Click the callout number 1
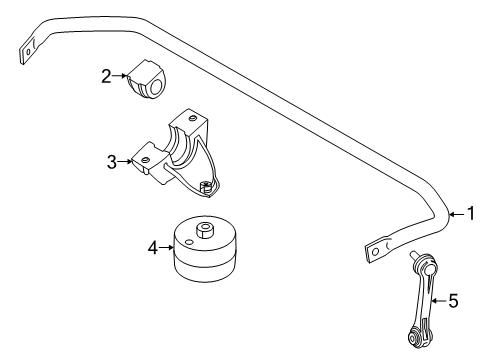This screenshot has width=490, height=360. (x=471, y=213)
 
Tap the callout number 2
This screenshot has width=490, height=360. (x=106, y=76)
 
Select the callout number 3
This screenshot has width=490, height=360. (x=112, y=162)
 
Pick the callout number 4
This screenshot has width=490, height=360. (x=153, y=248)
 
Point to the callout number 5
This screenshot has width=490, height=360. (x=454, y=301)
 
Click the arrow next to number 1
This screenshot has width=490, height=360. (x=458, y=214)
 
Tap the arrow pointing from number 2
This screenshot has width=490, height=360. (x=120, y=76)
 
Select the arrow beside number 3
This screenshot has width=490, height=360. (x=125, y=162)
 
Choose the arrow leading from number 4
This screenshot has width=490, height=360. (x=166, y=247)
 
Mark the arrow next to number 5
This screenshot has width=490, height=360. (x=439, y=301)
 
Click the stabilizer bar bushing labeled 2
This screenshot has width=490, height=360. (x=147, y=79)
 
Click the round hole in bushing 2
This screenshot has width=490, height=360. (x=157, y=88)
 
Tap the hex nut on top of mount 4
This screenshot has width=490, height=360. (x=204, y=230)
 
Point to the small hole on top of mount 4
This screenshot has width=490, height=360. (x=189, y=242)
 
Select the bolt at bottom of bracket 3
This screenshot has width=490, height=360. (x=205, y=187)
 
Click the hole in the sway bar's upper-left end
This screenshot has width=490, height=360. (x=28, y=51)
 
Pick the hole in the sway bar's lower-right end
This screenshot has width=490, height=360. (x=375, y=252)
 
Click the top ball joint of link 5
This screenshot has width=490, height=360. (x=428, y=265)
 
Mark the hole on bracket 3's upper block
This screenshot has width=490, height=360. (x=192, y=117)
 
